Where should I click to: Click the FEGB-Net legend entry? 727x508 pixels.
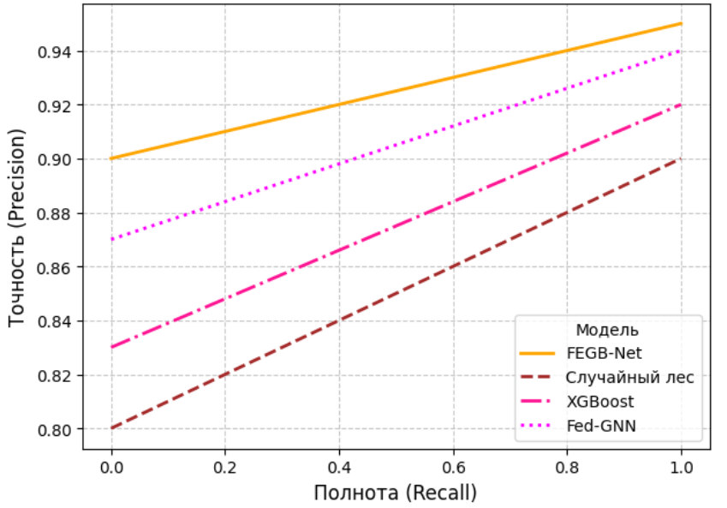point(604,353)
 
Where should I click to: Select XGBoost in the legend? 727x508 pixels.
point(600,401)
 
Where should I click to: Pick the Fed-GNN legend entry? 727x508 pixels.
point(601,426)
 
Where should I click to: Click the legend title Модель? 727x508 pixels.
point(607,330)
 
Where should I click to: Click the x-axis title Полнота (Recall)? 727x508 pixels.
point(396,493)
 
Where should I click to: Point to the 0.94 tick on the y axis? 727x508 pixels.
point(55,52)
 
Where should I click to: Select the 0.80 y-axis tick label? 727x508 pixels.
point(55,429)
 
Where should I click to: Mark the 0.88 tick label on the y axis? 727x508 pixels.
point(55,213)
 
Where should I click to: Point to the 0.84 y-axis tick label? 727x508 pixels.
point(55,321)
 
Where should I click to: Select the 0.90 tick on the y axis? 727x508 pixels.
point(55,159)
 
